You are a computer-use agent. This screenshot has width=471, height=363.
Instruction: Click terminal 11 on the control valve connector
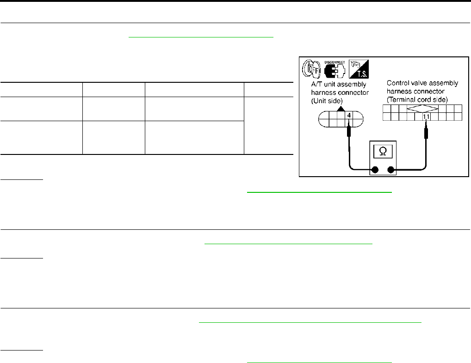[x=426, y=117]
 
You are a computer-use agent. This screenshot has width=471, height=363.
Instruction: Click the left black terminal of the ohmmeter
[x=375, y=170]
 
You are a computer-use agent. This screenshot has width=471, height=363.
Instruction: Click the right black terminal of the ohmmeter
[x=391, y=170]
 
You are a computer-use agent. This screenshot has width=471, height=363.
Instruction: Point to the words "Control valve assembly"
[x=422, y=83]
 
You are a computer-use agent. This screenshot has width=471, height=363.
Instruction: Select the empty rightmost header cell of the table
[x=268, y=90]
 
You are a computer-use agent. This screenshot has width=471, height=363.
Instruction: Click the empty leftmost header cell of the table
[x=41, y=90]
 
